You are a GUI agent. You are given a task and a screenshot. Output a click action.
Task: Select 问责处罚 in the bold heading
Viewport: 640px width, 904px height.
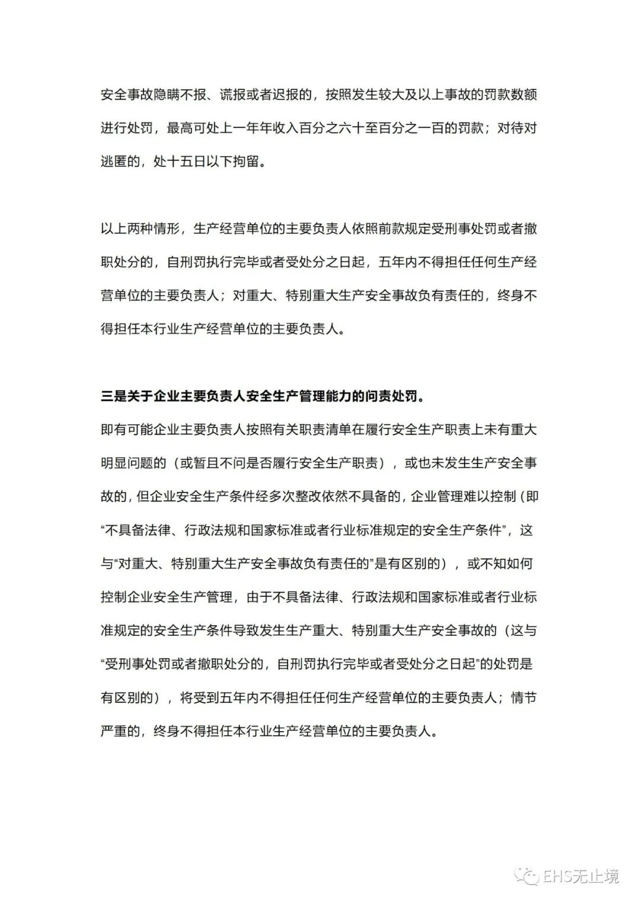[391, 397]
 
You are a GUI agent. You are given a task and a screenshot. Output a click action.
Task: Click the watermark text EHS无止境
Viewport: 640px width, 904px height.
[581, 876]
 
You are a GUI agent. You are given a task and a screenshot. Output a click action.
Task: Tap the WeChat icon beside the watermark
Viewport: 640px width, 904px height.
[526, 876]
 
